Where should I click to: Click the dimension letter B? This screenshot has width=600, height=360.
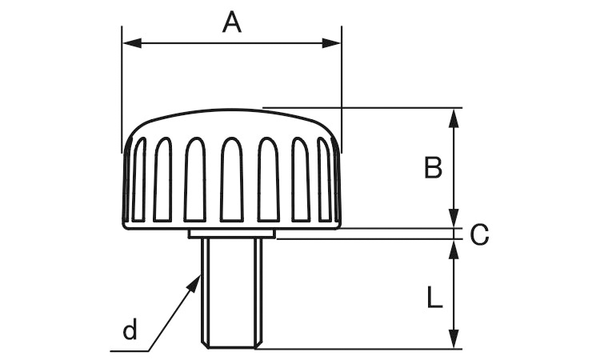click(x=433, y=169)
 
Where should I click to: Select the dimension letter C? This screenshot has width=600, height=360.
click(x=479, y=234)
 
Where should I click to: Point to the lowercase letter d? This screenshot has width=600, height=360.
click(x=130, y=330)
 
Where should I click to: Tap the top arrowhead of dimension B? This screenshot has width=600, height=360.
click(x=454, y=117)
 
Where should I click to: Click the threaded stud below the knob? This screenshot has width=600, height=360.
click(x=231, y=292)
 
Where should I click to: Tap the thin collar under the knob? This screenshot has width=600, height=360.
click(x=231, y=234)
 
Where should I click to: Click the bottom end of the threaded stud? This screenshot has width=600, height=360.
click(x=231, y=346)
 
